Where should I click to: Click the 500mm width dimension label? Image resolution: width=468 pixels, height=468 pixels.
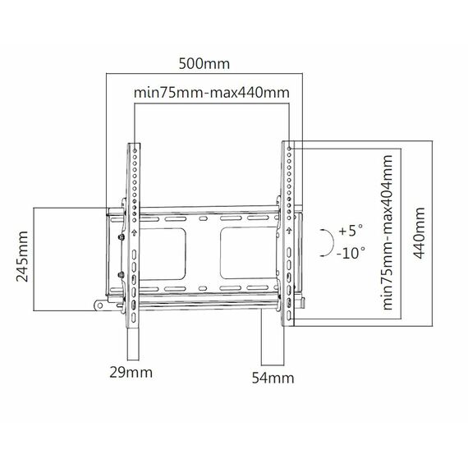point(204,64)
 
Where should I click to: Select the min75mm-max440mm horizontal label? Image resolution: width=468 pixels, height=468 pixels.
point(211,93)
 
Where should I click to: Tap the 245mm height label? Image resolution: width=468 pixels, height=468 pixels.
point(22,256)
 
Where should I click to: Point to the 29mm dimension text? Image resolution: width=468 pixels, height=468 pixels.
point(131,372)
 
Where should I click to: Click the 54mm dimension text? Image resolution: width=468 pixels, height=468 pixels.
point(273,378)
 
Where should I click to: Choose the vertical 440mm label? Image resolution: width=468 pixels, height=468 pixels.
point(419,233)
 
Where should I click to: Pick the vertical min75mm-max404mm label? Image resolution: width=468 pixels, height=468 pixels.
point(387,232)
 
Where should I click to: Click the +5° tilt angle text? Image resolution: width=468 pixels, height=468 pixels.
point(351,231)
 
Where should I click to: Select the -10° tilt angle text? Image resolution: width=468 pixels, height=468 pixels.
point(351,253)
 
